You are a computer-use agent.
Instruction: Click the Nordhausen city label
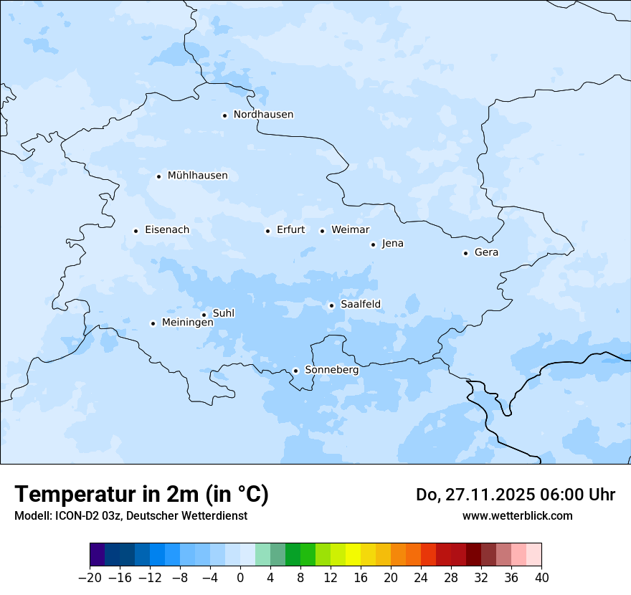click(263, 115)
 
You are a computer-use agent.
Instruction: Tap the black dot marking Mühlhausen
click(158, 176)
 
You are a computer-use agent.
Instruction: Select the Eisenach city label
click(167, 230)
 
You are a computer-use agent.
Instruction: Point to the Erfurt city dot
click(267, 231)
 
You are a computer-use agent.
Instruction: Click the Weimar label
click(350, 230)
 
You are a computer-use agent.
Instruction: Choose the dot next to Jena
click(373, 244)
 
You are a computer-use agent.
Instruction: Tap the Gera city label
click(486, 252)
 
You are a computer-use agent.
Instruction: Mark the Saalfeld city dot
click(331, 305)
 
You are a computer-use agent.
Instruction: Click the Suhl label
click(224, 313)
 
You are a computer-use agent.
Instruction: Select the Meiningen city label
click(187, 323)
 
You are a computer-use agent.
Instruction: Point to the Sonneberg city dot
click(295, 371)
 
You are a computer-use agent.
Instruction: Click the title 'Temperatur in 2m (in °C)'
click(141, 495)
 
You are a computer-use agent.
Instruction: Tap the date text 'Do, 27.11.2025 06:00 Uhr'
click(515, 495)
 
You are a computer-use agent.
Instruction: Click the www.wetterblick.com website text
click(517, 516)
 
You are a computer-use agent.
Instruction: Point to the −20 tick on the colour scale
click(90, 578)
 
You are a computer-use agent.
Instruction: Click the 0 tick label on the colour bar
click(240, 578)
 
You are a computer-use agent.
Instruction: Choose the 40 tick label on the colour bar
click(541, 578)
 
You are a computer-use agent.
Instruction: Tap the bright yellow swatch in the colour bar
click(353, 555)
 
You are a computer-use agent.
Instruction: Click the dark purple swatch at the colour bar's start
click(98, 555)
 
